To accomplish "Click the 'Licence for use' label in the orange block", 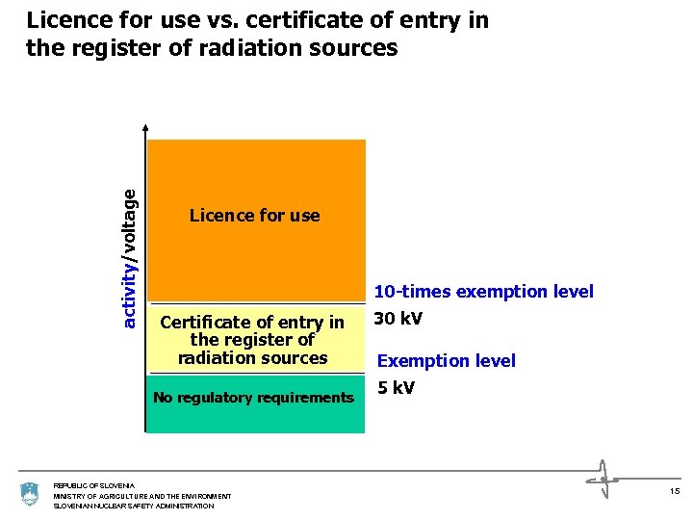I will pos(254,216).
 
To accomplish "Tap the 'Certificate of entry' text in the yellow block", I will pos(252,323).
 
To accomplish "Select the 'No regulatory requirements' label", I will pos(254,398).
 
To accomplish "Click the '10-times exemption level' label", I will pos(483,292).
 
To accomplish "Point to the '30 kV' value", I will pos(398,319).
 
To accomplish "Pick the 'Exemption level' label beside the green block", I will pos(446,361).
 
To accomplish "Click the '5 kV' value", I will pos(396,388).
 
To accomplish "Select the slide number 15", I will pos(673,492).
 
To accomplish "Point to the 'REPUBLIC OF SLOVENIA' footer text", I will pos(94,485).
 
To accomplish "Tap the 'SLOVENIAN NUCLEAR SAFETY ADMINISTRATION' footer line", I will pos(134,506).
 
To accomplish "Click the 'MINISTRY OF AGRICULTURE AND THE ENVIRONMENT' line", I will pos(141,496).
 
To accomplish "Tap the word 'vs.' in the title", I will pos(204,20).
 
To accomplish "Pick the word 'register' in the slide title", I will pos(112,48).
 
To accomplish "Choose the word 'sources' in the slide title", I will pos(350,48).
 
